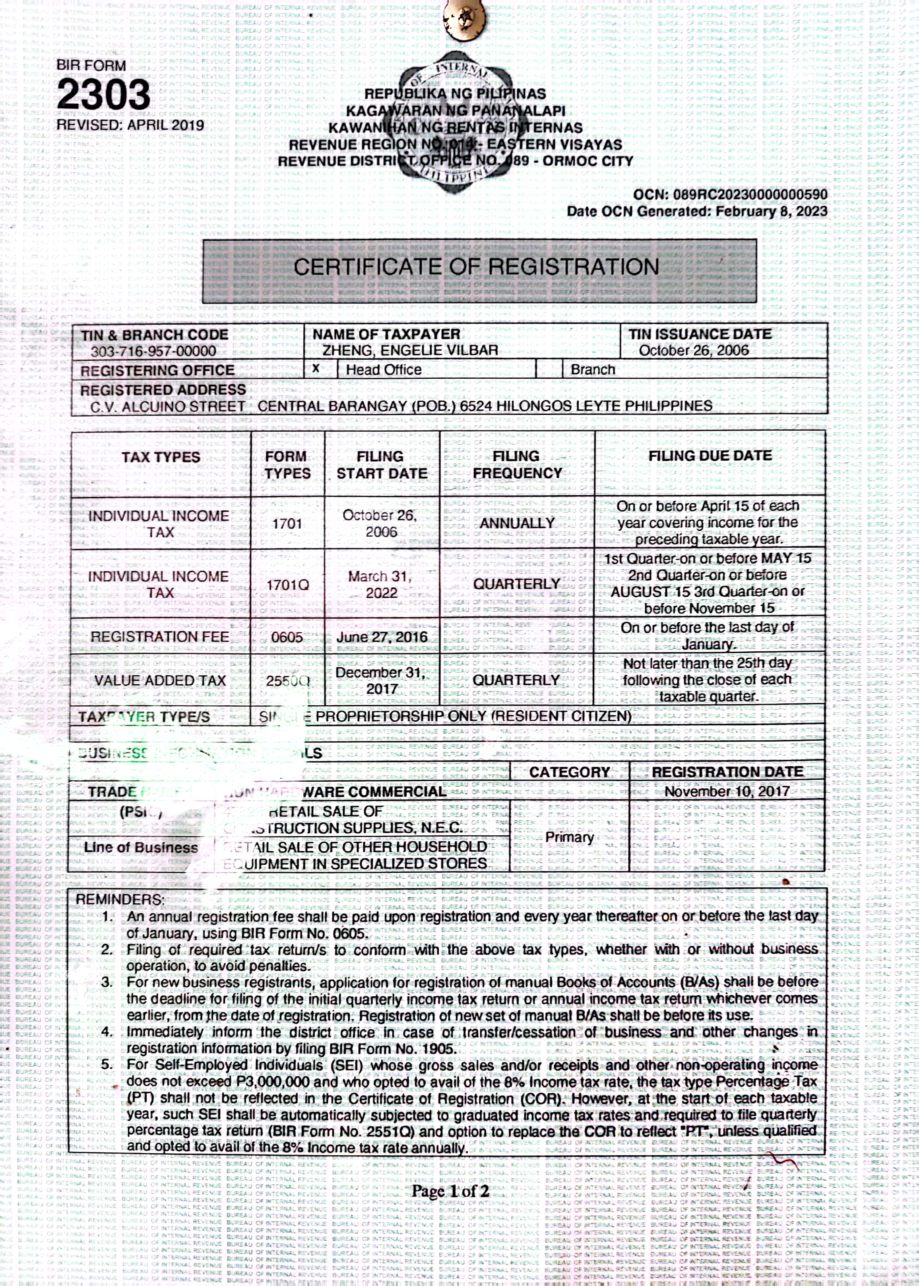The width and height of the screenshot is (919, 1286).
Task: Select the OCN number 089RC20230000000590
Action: pyautogui.click(x=749, y=195)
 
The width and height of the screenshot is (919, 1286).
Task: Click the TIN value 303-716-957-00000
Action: pyautogui.click(x=153, y=351)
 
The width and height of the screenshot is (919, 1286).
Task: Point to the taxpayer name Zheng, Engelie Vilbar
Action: pyautogui.click(x=410, y=351)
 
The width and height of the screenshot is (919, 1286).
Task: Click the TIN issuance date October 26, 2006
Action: pyautogui.click(x=693, y=351)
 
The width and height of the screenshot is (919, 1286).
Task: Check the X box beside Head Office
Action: pyautogui.click(x=316, y=369)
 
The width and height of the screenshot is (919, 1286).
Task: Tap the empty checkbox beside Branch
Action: pyautogui.click(x=549, y=370)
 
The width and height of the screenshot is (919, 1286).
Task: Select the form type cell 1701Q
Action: pyautogui.click(x=287, y=585)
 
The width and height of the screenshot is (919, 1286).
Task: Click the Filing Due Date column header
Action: pyautogui.click(x=710, y=456)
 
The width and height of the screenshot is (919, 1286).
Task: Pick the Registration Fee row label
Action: pyautogui.click(x=159, y=637)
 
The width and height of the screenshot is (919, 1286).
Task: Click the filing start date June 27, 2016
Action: pyautogui.click(x=382, y=637)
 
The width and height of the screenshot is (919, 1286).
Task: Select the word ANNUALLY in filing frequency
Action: pyautogui.click(x=517, y=523)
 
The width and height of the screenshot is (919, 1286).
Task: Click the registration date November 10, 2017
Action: pyautogui.click(x=727, y=792)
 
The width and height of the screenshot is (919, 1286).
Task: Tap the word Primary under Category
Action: pyautogui.click(x=569, y=837)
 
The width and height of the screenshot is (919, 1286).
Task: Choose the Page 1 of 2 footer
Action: pyautogui.click(x=450, y=1191)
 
